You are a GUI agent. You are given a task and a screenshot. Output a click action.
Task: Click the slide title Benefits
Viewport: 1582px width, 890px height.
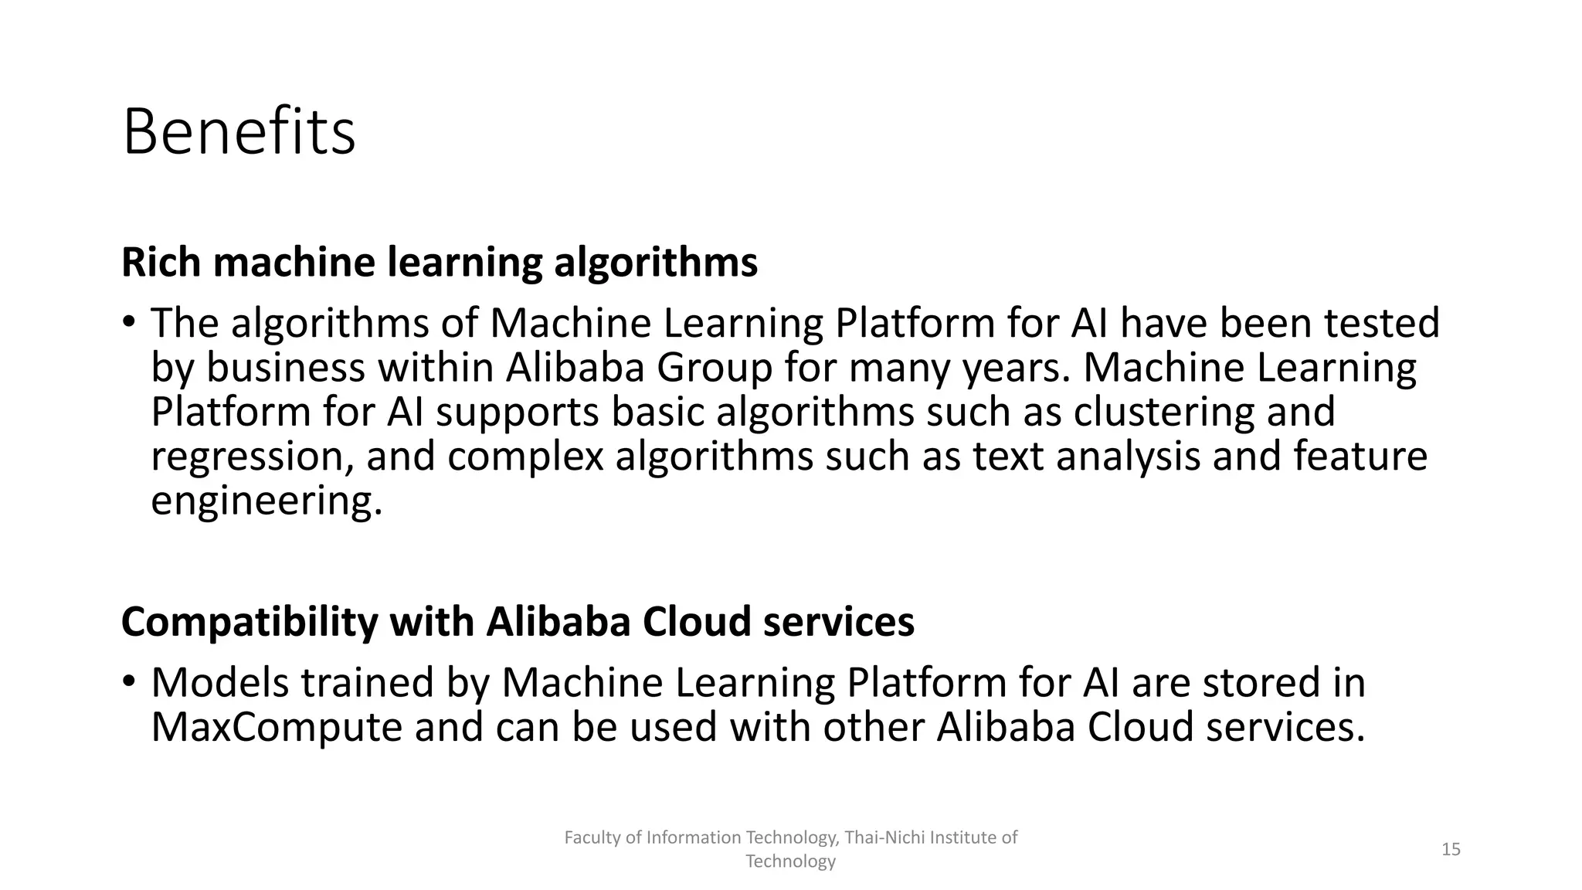click(239, 132)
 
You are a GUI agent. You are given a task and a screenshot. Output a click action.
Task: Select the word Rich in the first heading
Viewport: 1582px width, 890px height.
click(161, 263)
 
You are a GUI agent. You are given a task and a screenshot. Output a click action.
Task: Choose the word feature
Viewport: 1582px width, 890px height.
click(1360, 457)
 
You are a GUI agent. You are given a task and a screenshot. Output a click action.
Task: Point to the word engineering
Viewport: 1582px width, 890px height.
click(266, 501)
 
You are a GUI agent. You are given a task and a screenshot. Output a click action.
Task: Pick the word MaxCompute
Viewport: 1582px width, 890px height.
click(276, 728)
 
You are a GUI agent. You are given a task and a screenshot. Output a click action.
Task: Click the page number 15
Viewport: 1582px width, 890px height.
click(1451, 850)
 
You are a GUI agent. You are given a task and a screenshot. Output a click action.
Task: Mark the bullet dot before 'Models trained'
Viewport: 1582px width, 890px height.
click(128, 681)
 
